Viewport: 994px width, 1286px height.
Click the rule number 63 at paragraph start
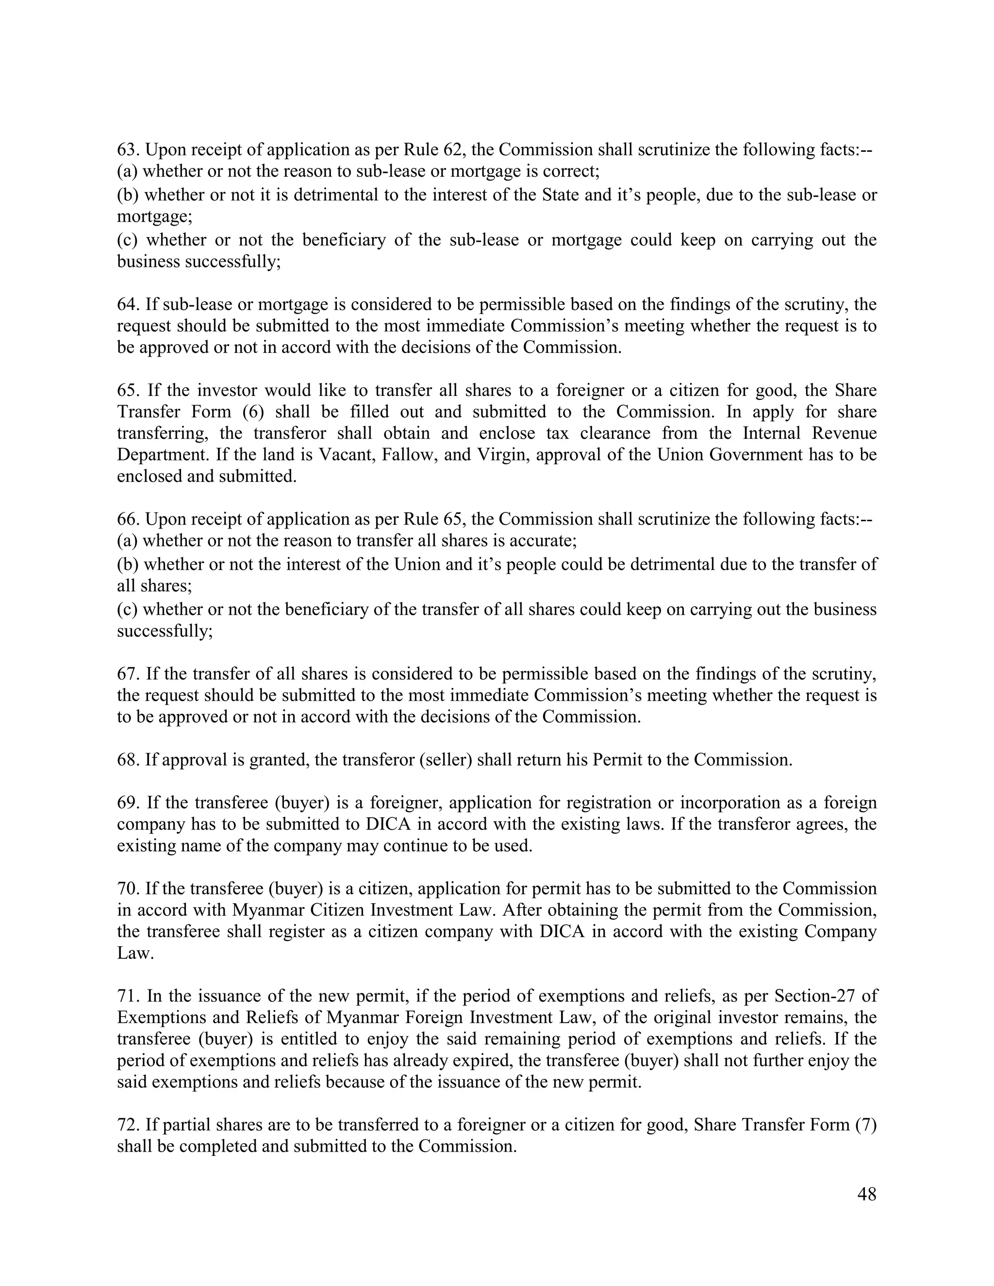point(127,150)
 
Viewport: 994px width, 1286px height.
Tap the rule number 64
point(127,304)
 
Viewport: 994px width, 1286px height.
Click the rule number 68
point(127,759)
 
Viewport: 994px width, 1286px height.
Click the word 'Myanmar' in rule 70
point(268,910)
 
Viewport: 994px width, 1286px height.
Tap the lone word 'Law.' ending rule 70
point(135,953)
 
